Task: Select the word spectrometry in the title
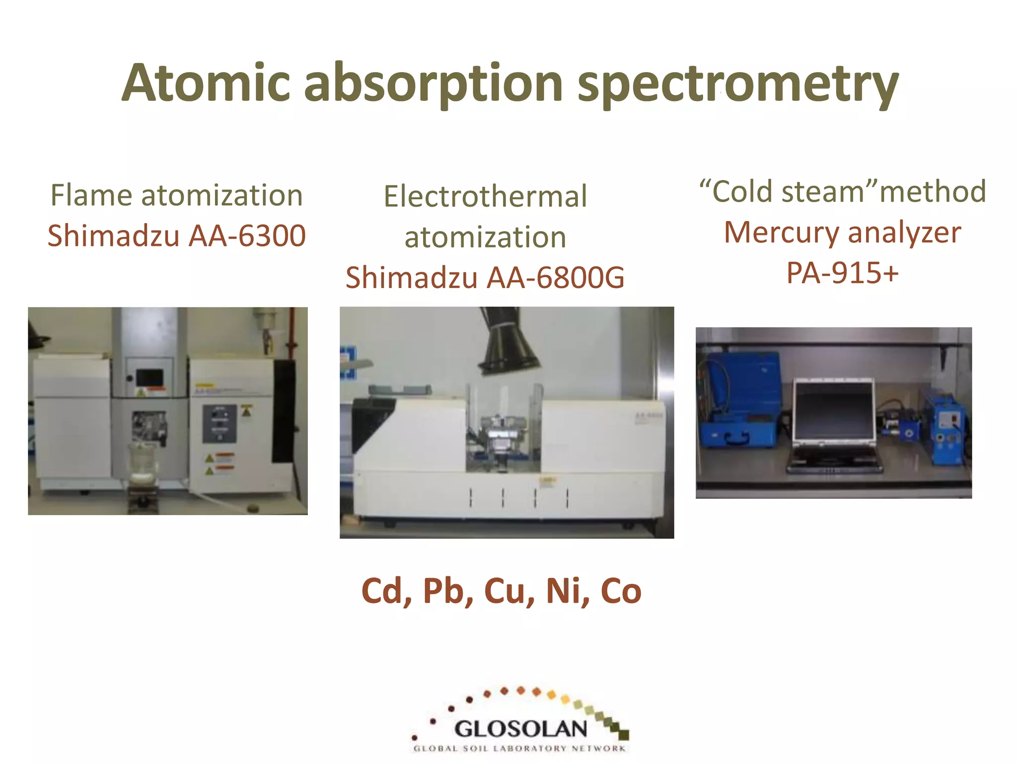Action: pos(738,84)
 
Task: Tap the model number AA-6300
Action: pos(247,235)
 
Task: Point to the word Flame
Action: pos(92,195)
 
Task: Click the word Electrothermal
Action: pos(485,196)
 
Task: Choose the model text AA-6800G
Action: pos(555,277)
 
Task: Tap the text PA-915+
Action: pos(842,273)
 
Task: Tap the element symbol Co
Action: pos(621,591)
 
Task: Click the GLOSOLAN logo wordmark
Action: pos(520,729)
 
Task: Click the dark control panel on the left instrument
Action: pos(219,424)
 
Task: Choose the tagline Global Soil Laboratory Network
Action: pos(519,749)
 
